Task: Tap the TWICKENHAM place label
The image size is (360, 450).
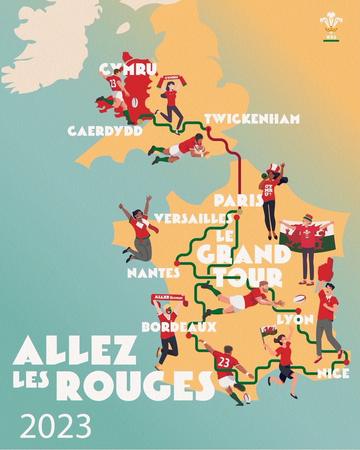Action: (252, 119)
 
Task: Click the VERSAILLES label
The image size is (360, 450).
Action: (192, 219)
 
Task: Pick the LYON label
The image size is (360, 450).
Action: (295, 320)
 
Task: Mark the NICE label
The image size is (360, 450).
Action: (333, 373)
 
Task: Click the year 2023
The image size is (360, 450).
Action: (55, 426)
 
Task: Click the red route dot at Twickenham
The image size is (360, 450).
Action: (208, 129)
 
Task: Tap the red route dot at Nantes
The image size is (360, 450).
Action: (177, 263)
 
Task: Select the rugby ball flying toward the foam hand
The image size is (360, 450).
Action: (299, 298)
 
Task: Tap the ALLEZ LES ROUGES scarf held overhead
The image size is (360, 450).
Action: (167, 298)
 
